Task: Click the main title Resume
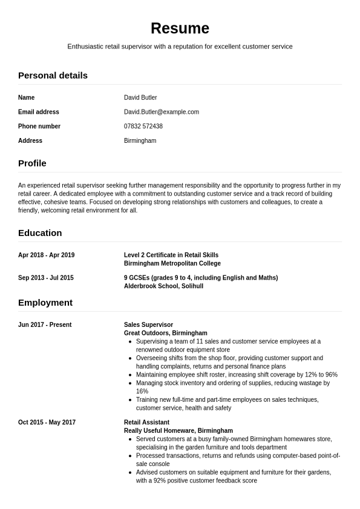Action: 180,28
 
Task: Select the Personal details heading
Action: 53,76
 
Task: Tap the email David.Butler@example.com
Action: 162,112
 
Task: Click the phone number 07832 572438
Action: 143,126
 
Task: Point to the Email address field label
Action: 39,112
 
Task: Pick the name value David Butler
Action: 140,97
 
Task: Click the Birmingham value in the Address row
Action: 140,141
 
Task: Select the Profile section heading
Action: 32,163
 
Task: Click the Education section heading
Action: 40,233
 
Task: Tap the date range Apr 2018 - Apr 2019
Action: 47,255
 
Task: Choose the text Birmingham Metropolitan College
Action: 172,264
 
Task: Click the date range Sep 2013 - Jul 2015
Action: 46,278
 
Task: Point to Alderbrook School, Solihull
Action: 163,286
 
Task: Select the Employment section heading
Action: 45,303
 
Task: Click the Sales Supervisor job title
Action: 148,325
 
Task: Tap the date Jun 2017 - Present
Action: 45,325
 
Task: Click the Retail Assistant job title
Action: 146,422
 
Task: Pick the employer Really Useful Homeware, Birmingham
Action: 178,431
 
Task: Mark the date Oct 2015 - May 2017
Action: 47,422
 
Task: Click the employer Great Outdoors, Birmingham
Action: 166,333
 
